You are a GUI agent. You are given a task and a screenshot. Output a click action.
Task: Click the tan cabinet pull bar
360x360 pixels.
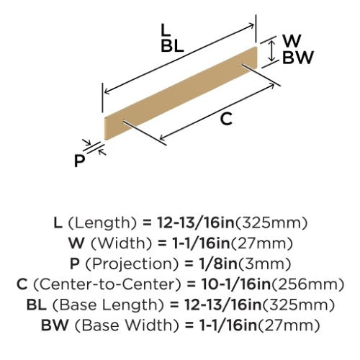pos(181,93)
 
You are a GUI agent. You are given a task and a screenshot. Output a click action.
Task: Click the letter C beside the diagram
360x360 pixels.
pos(226,119)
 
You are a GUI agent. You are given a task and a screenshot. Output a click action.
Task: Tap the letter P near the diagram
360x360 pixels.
pos(79,161)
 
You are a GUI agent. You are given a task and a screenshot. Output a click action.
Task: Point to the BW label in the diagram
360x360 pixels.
pos(298,58)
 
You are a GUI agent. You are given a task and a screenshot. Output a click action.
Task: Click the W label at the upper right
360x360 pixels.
pos(292,40)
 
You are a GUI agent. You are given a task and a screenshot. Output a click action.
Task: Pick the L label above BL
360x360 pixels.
pos(166,30)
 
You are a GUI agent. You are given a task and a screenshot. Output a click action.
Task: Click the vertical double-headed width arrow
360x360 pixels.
pos(271,51)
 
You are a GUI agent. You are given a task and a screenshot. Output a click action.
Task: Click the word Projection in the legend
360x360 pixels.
pos(132,264)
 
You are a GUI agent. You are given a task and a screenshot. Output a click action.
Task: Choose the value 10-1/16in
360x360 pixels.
pos(236,284)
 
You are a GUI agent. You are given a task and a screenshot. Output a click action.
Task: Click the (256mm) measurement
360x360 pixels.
pos(307,284)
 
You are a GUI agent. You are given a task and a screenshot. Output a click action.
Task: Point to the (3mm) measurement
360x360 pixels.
pos(264,264)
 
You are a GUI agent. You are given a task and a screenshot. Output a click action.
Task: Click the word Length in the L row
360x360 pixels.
pos(102,223)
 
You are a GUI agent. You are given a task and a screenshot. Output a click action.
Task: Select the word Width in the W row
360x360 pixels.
pos(122,243)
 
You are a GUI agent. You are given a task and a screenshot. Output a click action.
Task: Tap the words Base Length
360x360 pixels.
pos(108,305)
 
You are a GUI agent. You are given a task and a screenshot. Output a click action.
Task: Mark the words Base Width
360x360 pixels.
pos(127,325)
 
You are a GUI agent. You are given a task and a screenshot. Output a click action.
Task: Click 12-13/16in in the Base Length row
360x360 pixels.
pos(223,305)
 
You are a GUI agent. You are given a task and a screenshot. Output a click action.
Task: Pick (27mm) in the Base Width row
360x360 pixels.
pos(289,325)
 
